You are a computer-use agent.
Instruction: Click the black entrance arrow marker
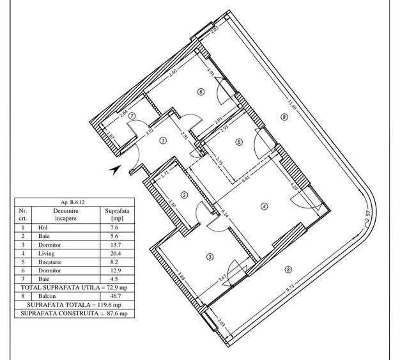pos(115,169)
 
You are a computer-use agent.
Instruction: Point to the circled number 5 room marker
pos(239,143)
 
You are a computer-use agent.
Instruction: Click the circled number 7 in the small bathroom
pos(132,116)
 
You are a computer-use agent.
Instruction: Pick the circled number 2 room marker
pos(183,196)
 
